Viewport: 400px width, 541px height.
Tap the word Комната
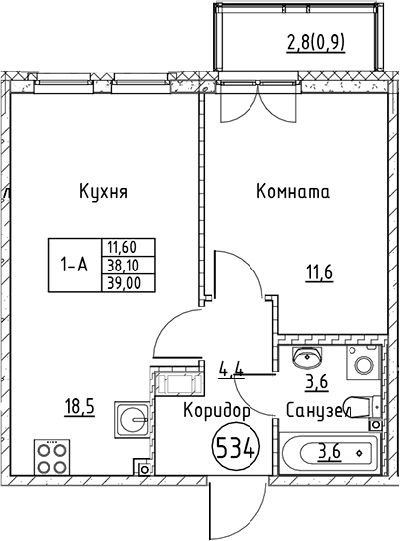(293, 192)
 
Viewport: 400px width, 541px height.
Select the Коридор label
(214, 408)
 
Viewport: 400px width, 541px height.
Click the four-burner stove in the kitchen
(50, 458)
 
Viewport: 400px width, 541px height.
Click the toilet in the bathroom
(366, 405)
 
